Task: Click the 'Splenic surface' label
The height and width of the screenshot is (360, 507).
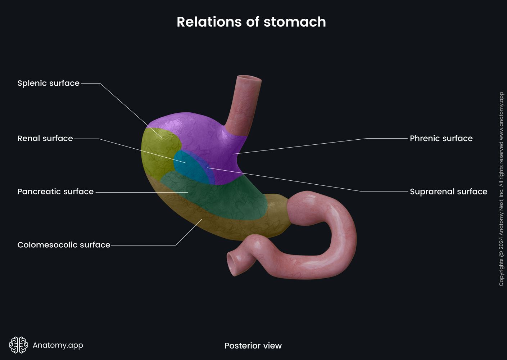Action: pos(48,83)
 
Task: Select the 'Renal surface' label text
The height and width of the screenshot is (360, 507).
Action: pos(45,139)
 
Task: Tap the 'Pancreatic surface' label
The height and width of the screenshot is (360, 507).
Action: pos(55,192)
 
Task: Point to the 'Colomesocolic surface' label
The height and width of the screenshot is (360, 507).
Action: pos(64,245)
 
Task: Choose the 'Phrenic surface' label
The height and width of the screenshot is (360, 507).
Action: pos(441,139)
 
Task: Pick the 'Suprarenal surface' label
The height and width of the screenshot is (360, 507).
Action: pos(448,192)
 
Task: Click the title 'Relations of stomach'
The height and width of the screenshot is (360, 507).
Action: pos(251,22)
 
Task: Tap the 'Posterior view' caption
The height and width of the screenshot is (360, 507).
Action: pos(253,346)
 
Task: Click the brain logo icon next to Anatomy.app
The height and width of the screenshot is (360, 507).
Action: pos(18,345)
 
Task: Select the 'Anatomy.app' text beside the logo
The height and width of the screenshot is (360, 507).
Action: pos(58,345)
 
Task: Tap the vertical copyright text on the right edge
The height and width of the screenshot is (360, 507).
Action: pos(501,189)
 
